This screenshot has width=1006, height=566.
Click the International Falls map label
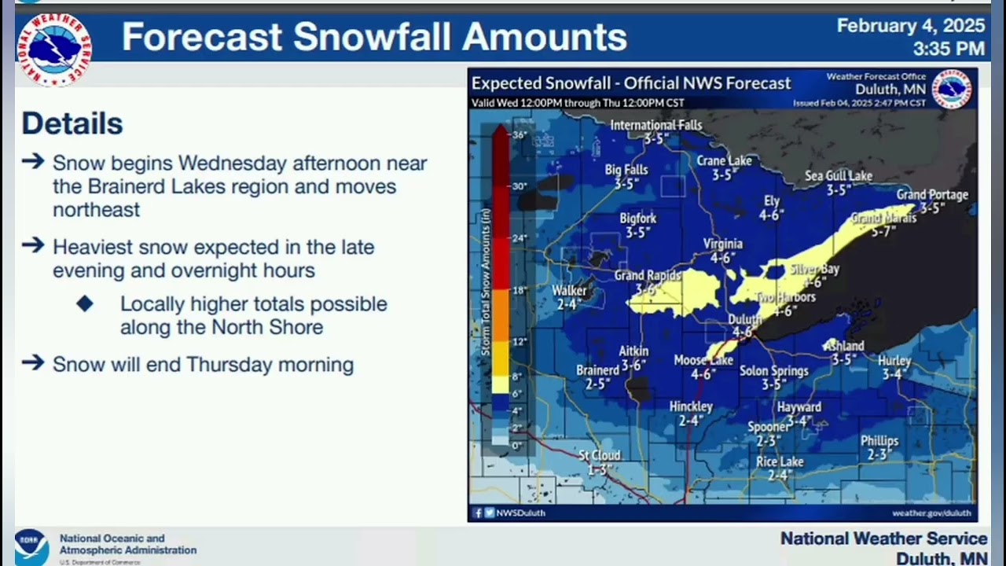[656, 125]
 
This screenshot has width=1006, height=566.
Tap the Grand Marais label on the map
[884, 219]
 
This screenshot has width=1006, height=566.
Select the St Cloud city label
[600, 455]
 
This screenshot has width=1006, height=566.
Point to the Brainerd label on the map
[597, 370]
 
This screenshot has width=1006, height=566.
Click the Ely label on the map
[772, 201]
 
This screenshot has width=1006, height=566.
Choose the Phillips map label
[879, 441]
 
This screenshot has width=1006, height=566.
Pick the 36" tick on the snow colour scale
[520, 134]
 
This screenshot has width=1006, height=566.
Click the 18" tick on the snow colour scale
[520, 290]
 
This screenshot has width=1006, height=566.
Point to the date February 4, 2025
[910, 26]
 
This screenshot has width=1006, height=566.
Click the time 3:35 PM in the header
[949, 49]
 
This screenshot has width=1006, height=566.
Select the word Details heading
[72, 123]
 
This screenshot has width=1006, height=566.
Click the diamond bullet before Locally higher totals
[85, 303]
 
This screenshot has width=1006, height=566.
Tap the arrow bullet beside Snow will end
[33, 363]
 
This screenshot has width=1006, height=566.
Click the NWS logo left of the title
[53, 48]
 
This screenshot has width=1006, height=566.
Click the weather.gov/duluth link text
[931, 513]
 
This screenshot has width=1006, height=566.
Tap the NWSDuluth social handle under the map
[520, 513]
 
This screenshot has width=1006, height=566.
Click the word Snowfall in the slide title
[373, 37]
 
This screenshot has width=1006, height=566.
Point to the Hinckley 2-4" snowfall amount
[691, 421]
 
